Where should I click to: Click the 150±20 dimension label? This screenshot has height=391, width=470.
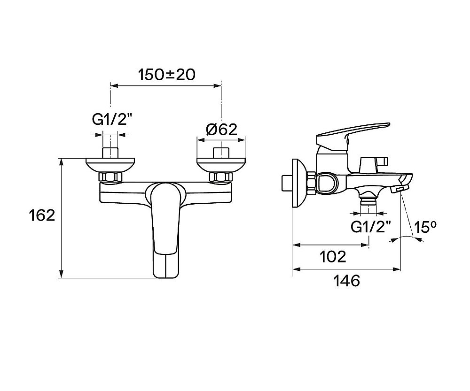pos(166,75)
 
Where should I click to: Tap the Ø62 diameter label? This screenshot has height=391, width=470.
pos(221,130)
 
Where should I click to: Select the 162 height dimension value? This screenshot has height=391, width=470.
pos(42,215)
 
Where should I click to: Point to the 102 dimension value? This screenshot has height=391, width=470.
pos(333,257)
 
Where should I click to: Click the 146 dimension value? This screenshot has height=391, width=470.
pos(346,281)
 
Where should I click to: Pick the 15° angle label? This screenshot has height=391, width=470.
pos(425,227)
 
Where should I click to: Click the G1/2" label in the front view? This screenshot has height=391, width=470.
pos(112,120)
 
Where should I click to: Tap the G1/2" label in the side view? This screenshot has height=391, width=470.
pos(371,227)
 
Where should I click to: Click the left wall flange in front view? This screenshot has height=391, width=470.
pos(110,165)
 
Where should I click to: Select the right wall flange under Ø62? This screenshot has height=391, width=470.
pos(221,165)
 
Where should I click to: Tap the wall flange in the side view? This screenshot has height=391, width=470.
pos(299,183)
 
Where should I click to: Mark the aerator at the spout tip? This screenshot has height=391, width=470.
pos(400,190)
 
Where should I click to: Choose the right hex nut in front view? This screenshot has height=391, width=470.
pos(221,177)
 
